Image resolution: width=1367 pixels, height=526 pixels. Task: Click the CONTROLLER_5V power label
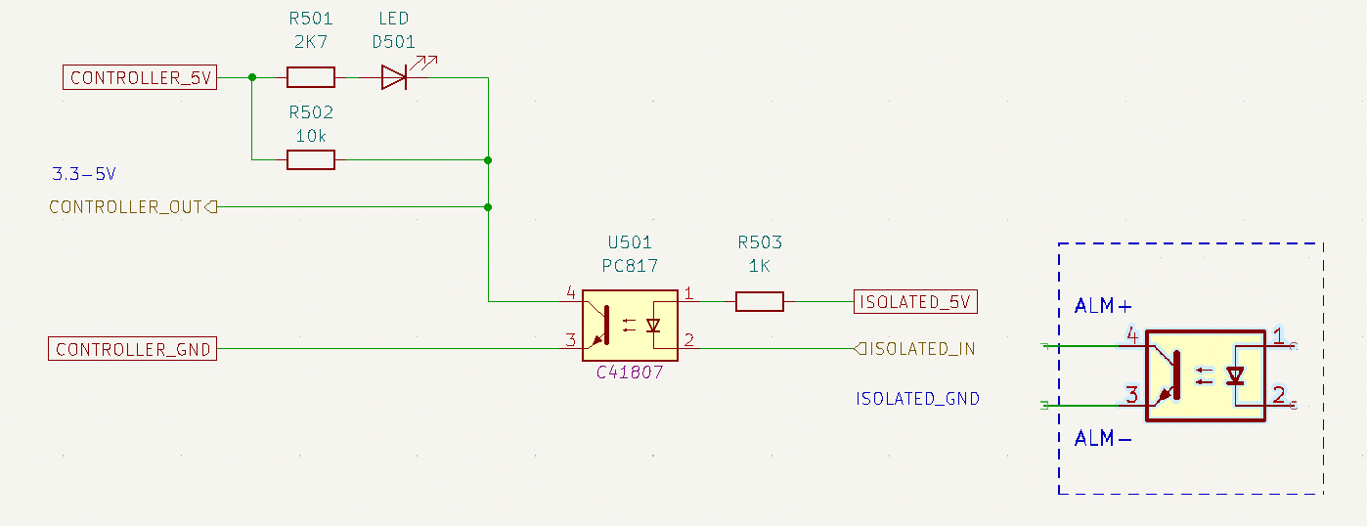[x=140, y=77]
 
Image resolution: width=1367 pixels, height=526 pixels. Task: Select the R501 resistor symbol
[x=311, y=77]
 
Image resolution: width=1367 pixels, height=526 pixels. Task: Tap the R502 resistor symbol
[x=311, y=160]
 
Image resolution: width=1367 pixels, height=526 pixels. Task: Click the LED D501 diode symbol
[x=394, y=77]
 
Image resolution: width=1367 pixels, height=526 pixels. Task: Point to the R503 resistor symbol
[x=759, y=301]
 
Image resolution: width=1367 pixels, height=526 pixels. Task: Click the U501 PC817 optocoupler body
[x=630, y=326]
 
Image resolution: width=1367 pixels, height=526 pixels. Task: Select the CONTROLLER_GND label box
[x=132, y=348]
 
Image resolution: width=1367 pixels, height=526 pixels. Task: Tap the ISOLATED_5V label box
[x=915, y=301]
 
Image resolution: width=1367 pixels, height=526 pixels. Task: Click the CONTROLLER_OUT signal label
[x=133, y=207]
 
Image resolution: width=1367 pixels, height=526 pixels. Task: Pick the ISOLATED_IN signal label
[x=914, y=348]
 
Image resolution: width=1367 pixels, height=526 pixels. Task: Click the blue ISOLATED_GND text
[x=918, y=399]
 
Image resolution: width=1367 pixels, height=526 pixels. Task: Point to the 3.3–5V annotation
[x=84, y=174]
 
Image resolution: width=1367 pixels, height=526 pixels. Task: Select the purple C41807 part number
[x=629, y=373]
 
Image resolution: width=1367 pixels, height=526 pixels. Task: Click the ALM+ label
[x=1103, y=305]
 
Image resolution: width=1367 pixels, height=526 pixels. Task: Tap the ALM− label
[x=1103, y=438]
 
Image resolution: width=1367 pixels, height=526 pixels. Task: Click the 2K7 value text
[x=311, y=42]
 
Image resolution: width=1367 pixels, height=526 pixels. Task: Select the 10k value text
[x=311, y=136]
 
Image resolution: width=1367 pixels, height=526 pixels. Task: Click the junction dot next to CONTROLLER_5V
[x=252, y=77]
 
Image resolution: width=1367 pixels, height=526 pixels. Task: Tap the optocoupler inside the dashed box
[x=1206, y=375]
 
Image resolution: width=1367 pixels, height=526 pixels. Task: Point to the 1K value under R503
[x=759, y=266]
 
